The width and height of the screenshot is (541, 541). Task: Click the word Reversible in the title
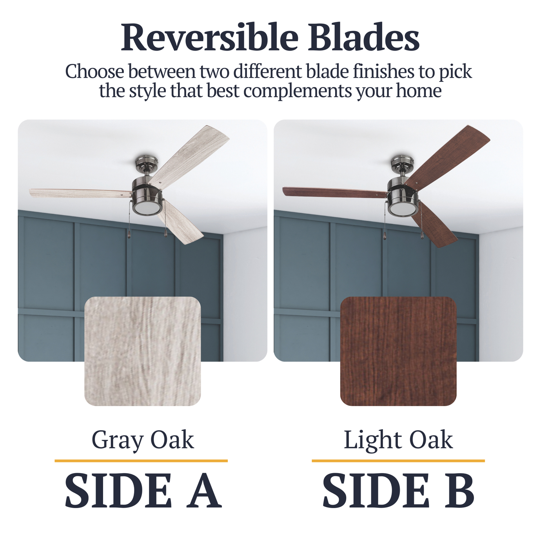point(209,38)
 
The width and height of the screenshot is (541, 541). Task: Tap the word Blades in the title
point(363,38)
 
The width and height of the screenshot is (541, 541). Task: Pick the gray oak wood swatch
point(143,351)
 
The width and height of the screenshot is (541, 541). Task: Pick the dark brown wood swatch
point(398,351)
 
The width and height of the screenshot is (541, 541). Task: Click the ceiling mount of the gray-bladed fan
point(146,162)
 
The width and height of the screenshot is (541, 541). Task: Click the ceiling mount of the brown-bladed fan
point(402,162)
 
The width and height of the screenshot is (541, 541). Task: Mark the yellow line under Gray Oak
point(141,461)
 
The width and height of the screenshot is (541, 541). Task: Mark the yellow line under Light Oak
point(398,461)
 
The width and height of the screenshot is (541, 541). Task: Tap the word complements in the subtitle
point(297,91)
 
